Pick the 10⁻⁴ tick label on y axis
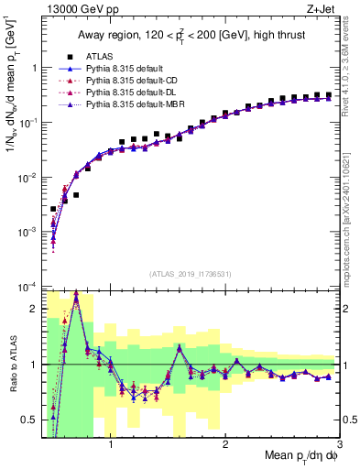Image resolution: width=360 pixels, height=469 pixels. (27, 288)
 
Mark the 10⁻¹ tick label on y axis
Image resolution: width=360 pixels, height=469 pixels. (27, 123)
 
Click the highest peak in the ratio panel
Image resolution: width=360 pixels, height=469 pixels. (76, 294)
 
